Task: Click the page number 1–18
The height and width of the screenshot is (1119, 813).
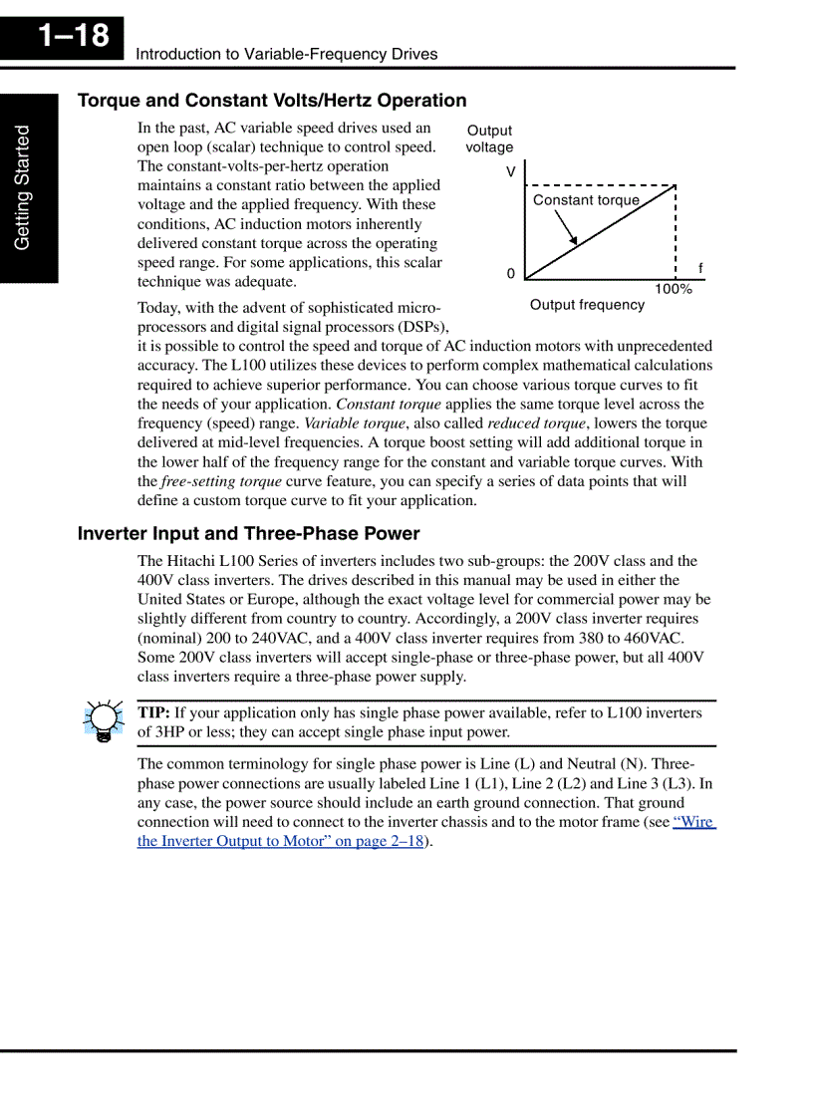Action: [74, 37]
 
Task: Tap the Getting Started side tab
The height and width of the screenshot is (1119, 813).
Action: [23, 187]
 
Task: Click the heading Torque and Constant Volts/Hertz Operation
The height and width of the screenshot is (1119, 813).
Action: [272, 101]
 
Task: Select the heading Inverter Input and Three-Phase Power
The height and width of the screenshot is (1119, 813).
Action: [248, 534]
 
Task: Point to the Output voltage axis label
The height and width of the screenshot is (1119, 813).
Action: [489, 139]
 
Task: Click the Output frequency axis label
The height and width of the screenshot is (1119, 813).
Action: [587, 305]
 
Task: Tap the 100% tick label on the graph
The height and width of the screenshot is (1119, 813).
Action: [674, 289]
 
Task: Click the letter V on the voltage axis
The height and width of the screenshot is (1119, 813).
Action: [511, 172]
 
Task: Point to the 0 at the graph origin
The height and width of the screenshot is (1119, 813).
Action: [511, 274]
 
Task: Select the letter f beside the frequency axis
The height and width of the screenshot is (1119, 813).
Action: [700, 268]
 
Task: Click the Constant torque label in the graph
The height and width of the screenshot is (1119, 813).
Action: [586, 200]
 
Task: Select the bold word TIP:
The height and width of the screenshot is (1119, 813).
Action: [153, 712]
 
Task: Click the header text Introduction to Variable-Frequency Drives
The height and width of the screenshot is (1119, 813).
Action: [287, 54]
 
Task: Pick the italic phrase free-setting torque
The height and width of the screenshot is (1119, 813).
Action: [220, 481]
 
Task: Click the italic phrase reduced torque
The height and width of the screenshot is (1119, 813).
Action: [536, 423]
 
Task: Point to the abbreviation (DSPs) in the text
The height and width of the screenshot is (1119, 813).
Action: [422, 327]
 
